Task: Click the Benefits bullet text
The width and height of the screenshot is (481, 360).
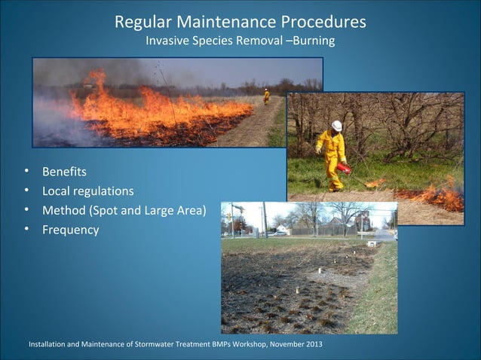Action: coord(64,172)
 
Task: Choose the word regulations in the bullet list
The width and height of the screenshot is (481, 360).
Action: coord(103,191)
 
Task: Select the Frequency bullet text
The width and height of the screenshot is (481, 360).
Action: coord(70,230)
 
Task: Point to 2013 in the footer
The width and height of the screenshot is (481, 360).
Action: coord(311,345)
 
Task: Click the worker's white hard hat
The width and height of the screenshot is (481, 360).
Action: coord(336,126)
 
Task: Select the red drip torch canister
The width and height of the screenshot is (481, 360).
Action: coord(344,168)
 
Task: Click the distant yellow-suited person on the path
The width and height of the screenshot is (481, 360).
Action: coord(266,95)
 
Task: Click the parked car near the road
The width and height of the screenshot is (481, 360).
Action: coord(278,233)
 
